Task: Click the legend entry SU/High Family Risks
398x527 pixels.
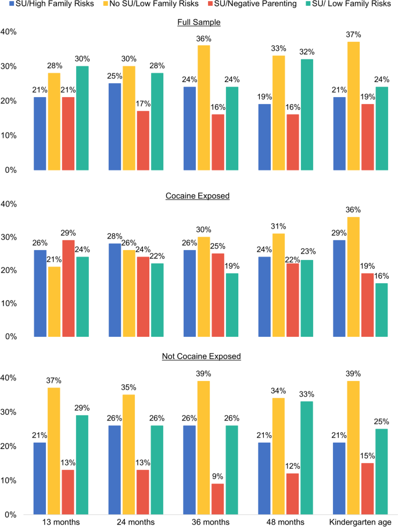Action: click(x=51, y=4)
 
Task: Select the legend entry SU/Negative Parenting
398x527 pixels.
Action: click(x=252, y=4)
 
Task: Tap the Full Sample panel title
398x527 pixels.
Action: click(x=199, y=22)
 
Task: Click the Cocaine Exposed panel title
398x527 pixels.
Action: click(x=198, y=196)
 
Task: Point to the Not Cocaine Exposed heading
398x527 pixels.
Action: click(x=202, y=356)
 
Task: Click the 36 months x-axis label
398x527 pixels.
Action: click(x=211, y=522)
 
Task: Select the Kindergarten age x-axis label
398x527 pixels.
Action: click(x=360, y=522)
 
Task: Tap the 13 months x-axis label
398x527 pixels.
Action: click(x=61, y=522)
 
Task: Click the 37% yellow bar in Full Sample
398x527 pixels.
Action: click(x=353, y=106)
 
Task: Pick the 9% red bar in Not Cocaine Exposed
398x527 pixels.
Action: click(x=217, y=499)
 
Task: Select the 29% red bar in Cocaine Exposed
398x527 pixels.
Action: click(x=69, y=289)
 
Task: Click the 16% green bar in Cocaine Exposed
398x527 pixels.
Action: click(x=382, y=310)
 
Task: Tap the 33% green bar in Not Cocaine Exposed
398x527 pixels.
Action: click(x=307, y=458)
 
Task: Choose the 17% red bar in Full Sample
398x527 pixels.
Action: click(x=144, y=141)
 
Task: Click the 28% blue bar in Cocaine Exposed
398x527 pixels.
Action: click(x=115, y=290)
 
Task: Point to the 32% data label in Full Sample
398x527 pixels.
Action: click(x=307, y=52)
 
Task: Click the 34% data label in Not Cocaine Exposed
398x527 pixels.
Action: click(x=278, y=391)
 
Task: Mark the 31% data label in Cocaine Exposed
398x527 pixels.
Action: click(x=278, y=226)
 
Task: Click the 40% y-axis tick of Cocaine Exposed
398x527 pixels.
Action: click(x=9, y=204)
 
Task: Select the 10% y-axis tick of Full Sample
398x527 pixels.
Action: click(x=9, y=136)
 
